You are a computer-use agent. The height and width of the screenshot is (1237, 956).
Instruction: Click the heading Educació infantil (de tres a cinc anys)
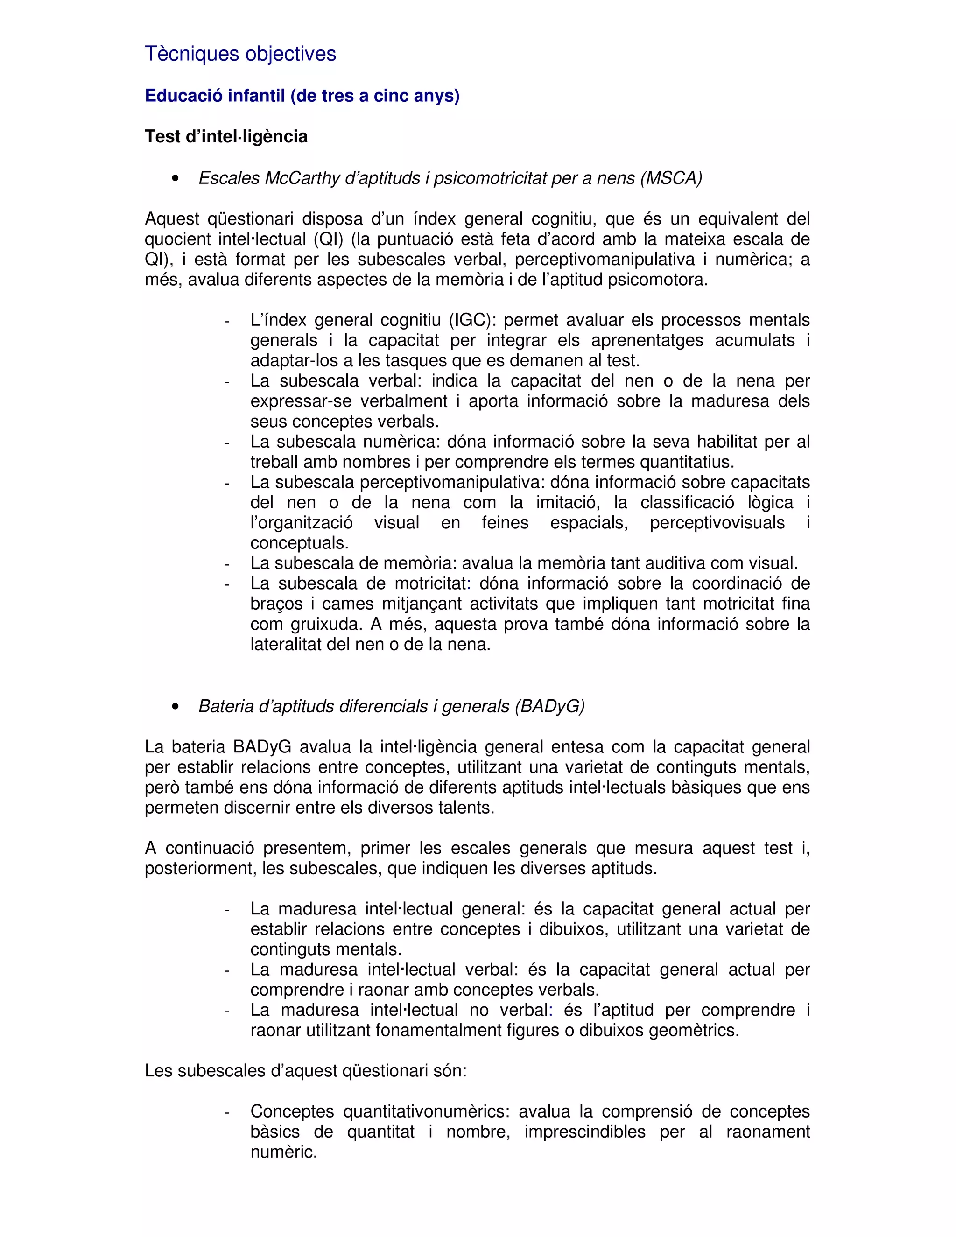(302, 95)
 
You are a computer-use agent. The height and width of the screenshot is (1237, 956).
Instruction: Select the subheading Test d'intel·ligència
(226, 136)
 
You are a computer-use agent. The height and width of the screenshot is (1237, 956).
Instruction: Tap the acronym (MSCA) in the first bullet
(671, 178)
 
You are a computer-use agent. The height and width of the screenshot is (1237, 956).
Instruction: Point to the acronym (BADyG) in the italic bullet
(549, 706)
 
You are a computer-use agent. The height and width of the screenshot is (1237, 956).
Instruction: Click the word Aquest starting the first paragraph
(172, 218)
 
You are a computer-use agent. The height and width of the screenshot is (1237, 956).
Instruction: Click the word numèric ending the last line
(283, 1152)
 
